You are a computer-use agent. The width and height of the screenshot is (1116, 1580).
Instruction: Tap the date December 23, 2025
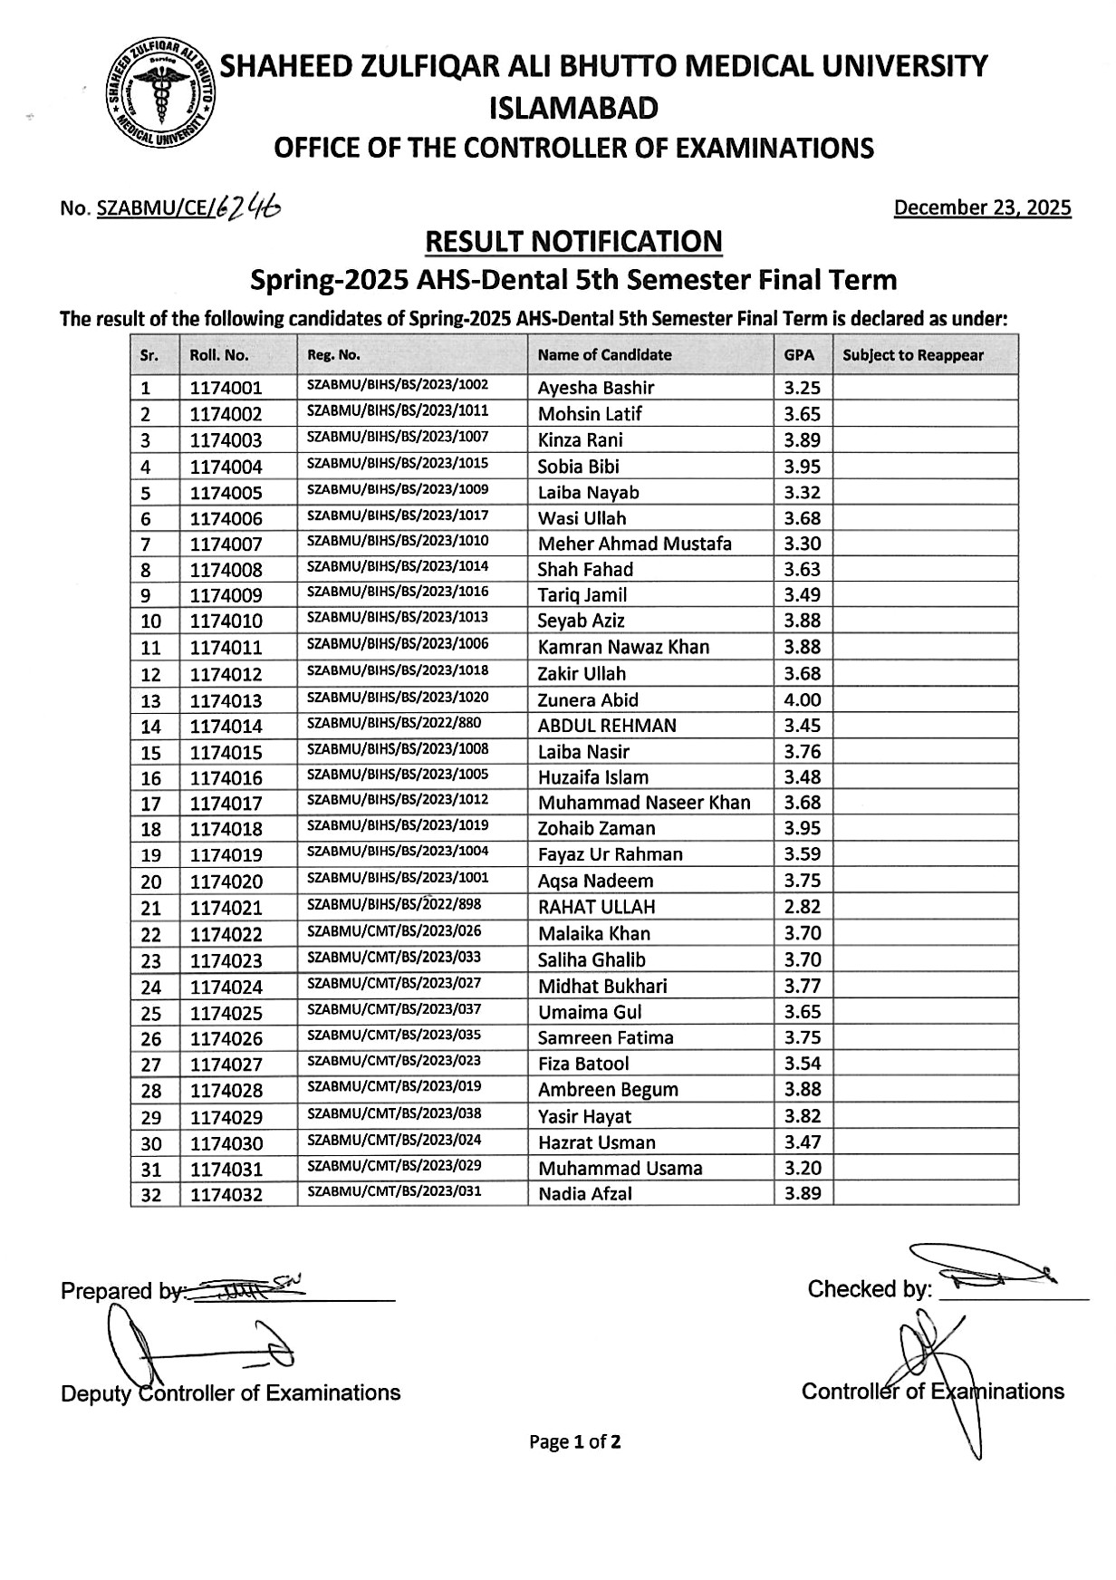pyautogui.click(x=982, y=207)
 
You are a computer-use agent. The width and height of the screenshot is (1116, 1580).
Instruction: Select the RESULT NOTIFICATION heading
pyautogui.click(x=573, y=242)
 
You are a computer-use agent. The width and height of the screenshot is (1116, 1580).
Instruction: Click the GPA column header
pyautogui.click(x=799, y=355)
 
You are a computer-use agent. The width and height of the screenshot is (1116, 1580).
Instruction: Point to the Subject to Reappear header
pyautogui.click(x=912, y=355)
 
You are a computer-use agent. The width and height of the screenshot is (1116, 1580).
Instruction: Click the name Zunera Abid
pyautogui.click(x=588, y=700)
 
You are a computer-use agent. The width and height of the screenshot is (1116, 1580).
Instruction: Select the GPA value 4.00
pyautogui.click(x=803, y=700)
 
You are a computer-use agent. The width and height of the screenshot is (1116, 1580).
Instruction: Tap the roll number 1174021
pyautogui.click(x=226, y=908)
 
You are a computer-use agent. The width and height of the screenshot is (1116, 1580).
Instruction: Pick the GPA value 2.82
pyautogui.click(x=803, y=907)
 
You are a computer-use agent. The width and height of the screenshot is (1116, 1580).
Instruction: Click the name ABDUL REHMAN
pyautogui.click(x=607, y=726)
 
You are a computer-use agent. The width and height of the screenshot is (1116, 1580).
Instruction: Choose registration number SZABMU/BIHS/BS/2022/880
pyautogui.click(x=394, y=724)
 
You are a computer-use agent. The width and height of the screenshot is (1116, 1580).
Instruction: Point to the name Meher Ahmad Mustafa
pyautogui.click(x=634, y=544)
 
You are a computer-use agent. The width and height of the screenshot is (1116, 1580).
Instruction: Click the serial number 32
pyautogui.click(x=151, y=1195)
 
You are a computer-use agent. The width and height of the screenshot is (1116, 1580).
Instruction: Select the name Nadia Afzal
pyautogui.click(x=585, y=1194)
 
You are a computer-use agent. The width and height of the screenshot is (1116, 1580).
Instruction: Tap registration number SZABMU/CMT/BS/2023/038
pyautogui.click(x=394, y=1113)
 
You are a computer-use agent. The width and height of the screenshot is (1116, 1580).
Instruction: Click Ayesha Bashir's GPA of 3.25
pyautogui.click(x=803, y=388)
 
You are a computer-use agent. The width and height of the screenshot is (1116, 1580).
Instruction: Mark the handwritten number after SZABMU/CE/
pyautogui.click(x=249, y=207)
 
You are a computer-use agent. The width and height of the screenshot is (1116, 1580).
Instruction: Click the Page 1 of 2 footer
pyautogui.click(x=575, y=1441)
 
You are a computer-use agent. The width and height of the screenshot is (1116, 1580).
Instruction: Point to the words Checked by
pyautogui.click(x=869, y=1289)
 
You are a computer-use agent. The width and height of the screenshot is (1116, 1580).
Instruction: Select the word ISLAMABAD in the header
pyautogui.click(x=573, y=109)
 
